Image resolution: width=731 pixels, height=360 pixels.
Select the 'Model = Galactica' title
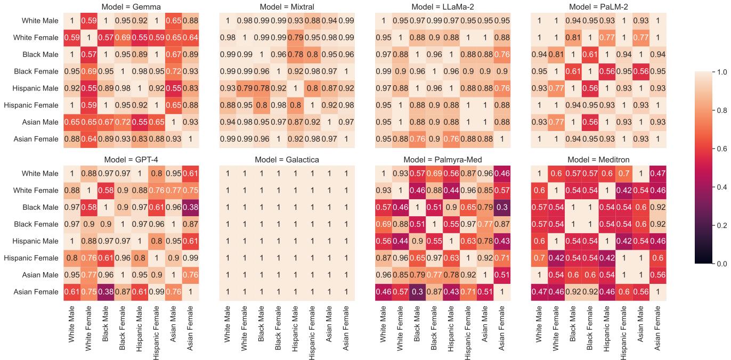[x=287, y=159]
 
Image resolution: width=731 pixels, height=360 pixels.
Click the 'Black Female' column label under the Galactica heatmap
[x=278, y=331]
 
